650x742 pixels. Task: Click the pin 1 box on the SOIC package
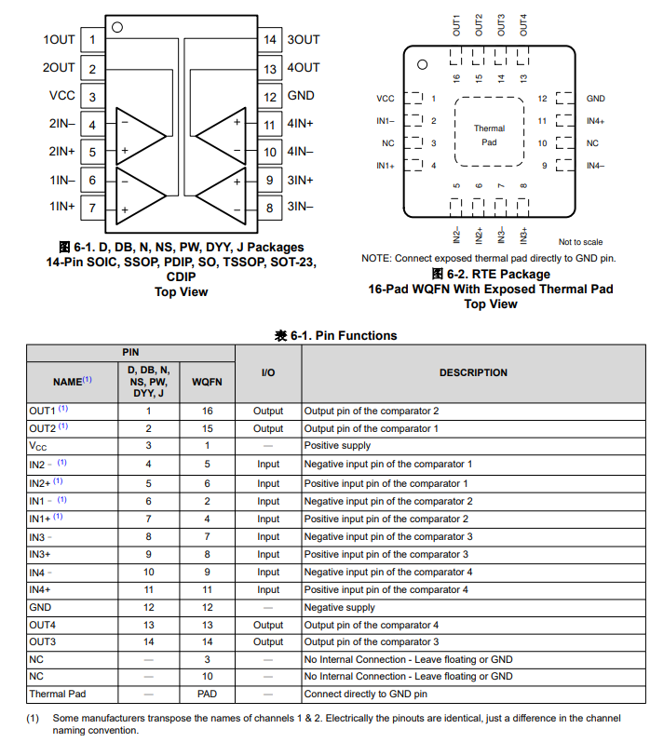(x=92, y=40)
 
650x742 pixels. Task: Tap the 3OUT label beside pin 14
(x=303, y=40)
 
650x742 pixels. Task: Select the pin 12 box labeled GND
(x=269, y=96)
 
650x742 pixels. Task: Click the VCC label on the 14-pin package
(x=61, y=96)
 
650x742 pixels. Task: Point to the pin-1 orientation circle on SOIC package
(x=117, y=27)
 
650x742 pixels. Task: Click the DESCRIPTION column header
(x=473, y=372)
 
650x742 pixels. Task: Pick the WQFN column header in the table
(x=207, y=382)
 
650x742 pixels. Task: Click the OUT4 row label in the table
(x=43, y=626)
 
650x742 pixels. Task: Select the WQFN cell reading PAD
(x=207, y=695)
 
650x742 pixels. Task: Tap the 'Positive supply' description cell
(x=337, y=446)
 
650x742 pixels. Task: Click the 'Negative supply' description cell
(x=340, y=608)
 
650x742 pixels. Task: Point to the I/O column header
(x=267, y=372)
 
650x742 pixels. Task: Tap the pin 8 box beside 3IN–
(x=269, y=208)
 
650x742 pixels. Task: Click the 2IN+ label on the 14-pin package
(x=61, y=152)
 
